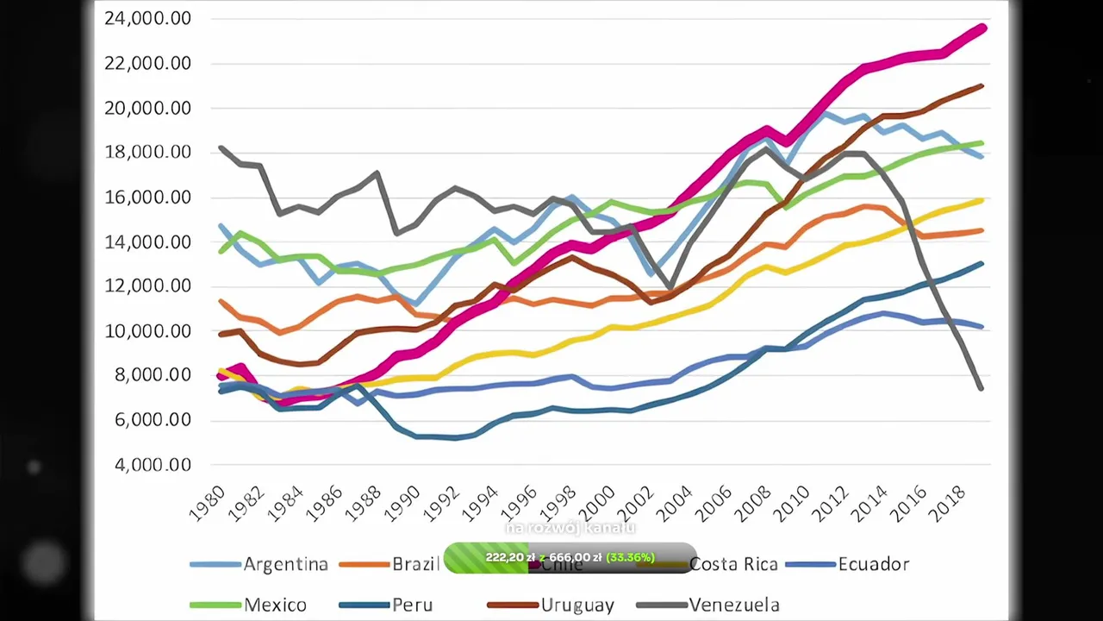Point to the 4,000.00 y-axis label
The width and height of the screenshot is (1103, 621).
click(x=148, y=465)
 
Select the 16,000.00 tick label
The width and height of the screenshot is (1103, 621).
click(x=147, y=198)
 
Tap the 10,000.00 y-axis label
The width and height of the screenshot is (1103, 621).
click(x=147, y=331)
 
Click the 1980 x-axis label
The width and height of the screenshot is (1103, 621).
click(x=207, y=503)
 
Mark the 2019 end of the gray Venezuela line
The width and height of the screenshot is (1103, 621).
click(x=981, y=387)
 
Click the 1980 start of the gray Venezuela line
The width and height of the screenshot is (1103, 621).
click(x=222, y=148)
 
